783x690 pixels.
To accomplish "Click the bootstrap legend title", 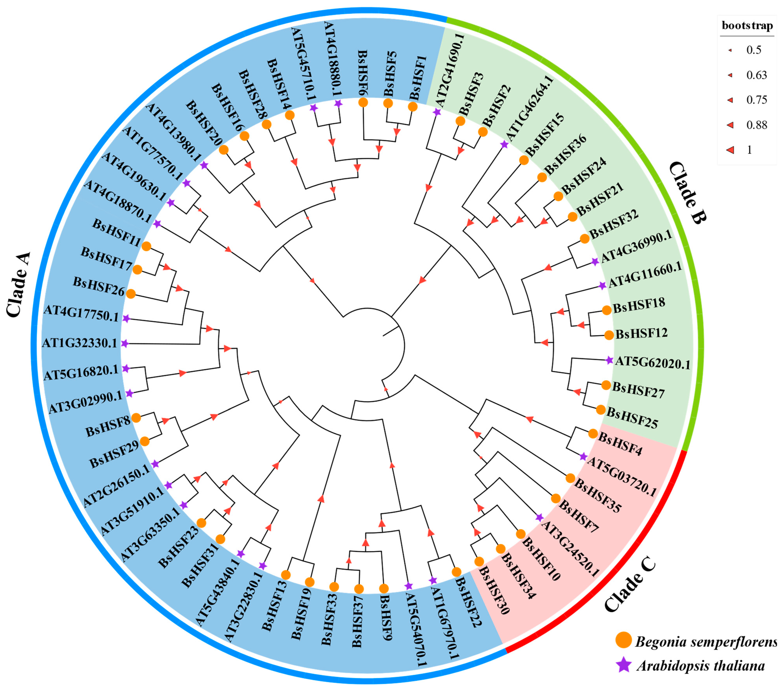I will point(747,26).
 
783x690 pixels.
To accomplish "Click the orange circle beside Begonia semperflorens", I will point(623,640).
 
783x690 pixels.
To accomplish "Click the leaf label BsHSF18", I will point(639,305).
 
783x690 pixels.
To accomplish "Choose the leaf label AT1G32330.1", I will point(80,343).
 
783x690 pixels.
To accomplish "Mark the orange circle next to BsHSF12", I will point(609,335).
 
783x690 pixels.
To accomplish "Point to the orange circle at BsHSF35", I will point(570,478).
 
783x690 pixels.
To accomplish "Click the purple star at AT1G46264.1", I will point(504,144).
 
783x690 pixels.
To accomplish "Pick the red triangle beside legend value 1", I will point(730,150).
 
